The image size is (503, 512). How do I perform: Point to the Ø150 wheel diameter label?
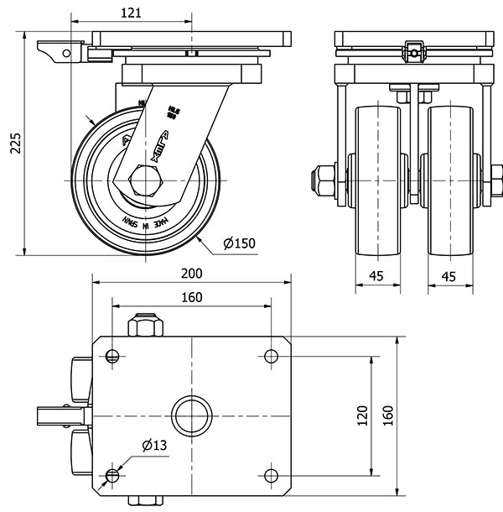(x=240, y=244)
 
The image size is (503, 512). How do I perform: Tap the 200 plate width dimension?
(x=191, y=274)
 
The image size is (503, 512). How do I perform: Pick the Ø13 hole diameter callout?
(x=152, y=445)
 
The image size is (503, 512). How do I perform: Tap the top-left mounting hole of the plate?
(x=112, y=356)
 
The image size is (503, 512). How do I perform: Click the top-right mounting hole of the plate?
(x=271, y=356)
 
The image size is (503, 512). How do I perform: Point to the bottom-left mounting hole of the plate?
(x=112, y=476)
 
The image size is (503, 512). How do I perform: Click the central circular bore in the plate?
(x=191, y=415)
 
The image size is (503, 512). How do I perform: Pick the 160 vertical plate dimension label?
(x=387, y=415)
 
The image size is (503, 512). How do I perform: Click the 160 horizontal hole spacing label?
(x=191, y=297)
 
